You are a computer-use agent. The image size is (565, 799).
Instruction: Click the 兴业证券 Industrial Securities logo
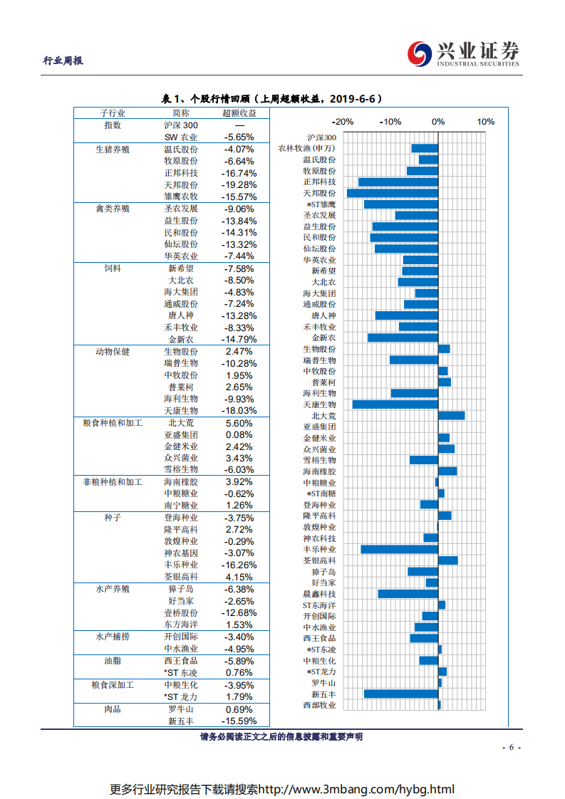pyautogui.click(x=463, y=53)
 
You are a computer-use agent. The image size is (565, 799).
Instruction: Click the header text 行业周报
pyautogui.click(x=63, y=61)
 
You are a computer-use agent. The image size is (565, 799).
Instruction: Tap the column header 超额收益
pyautogui.click(x=239, y=113)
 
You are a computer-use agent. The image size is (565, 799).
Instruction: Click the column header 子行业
pyautogui.click(x=113, y=113)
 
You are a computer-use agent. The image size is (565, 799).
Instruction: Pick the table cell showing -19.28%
pyautogui.click(x=239, y=184)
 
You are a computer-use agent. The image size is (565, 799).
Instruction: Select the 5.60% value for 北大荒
pyautogui.click(x=239, y=422)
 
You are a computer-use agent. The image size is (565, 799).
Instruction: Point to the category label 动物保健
pyautogui.click(x=113, y=352)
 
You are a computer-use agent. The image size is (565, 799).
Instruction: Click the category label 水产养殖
pyautogui.click(x=113, y=589)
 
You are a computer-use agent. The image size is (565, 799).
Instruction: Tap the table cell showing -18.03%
pyautogui.click(x=239, y=411)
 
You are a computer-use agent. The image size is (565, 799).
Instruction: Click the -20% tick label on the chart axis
pyautogui.click(x=343, y=122)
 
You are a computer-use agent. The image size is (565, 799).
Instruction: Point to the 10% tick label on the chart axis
pyautogui.click(x=486, y=122)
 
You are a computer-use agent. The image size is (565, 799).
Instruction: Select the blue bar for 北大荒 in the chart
pyautogui.click(x=451, y=415)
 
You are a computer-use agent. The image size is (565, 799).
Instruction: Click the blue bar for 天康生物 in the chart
pyautogui.click(x=395, y=404)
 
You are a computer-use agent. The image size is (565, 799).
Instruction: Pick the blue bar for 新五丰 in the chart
pyautogui.click(x=401, y=694)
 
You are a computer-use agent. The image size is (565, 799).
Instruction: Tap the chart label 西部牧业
pyautogui.click(x=319, y=705)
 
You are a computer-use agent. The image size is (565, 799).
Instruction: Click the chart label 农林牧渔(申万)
pyautogui.click(x=306, y=148)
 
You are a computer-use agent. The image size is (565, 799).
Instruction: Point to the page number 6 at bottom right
pyautogui.click(x=512, y=747)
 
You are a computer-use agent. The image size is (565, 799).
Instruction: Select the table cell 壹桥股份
pyautogui.click(x=181, y=612)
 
